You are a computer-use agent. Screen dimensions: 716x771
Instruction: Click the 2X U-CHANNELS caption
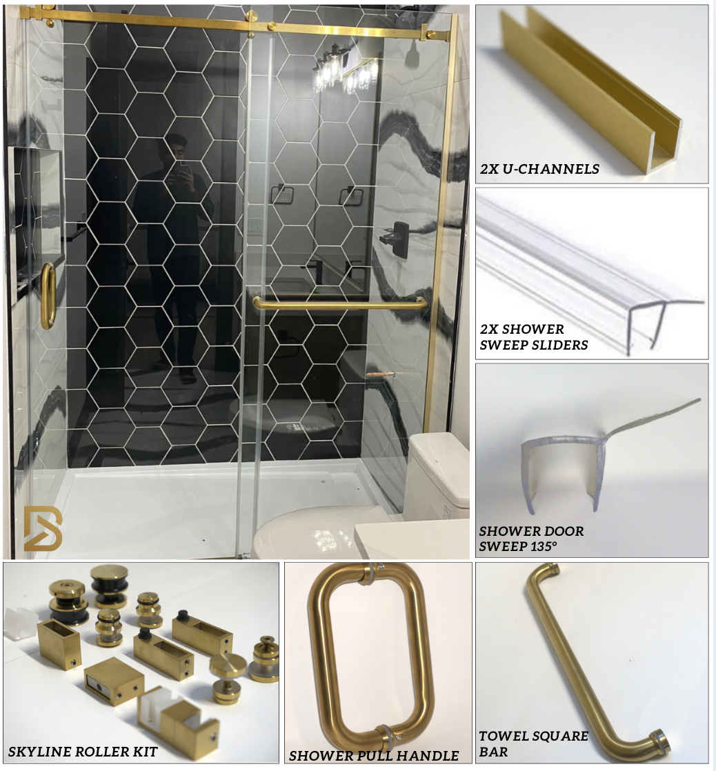[539, 169]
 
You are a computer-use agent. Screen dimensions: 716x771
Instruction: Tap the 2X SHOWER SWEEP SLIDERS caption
[534, 337]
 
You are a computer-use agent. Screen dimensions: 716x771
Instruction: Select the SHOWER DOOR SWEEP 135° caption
[531, 539]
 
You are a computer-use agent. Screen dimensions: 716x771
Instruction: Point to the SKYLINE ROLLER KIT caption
[83, 751]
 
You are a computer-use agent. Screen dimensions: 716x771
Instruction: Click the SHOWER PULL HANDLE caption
[374, 755]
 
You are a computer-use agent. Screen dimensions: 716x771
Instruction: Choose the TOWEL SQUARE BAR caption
[534, 743]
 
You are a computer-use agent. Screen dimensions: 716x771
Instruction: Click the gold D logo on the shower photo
[43, 528]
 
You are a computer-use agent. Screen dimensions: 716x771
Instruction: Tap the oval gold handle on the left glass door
[48, 296]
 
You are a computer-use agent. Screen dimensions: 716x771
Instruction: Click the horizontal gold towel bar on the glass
[339, 303]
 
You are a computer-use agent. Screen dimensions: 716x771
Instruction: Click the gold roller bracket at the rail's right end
[430, 35]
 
